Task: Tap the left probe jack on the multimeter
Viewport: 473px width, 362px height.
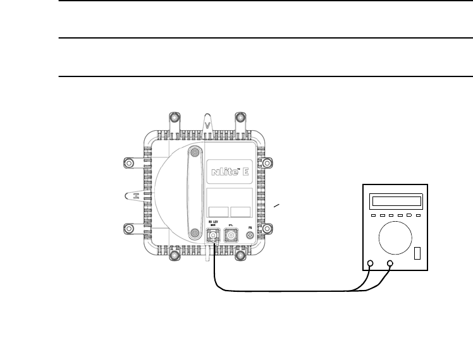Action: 370,264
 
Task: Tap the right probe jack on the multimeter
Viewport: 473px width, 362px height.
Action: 390,264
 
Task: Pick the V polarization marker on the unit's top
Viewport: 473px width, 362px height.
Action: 207,124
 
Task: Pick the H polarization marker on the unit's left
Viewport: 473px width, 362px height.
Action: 135,196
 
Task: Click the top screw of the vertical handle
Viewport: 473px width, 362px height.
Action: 195,152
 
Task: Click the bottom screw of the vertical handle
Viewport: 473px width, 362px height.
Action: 195,234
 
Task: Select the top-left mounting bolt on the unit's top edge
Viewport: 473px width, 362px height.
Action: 173,119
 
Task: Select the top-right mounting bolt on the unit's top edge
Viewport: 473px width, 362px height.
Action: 240,119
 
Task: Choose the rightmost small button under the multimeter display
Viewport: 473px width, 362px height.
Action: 417,215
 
